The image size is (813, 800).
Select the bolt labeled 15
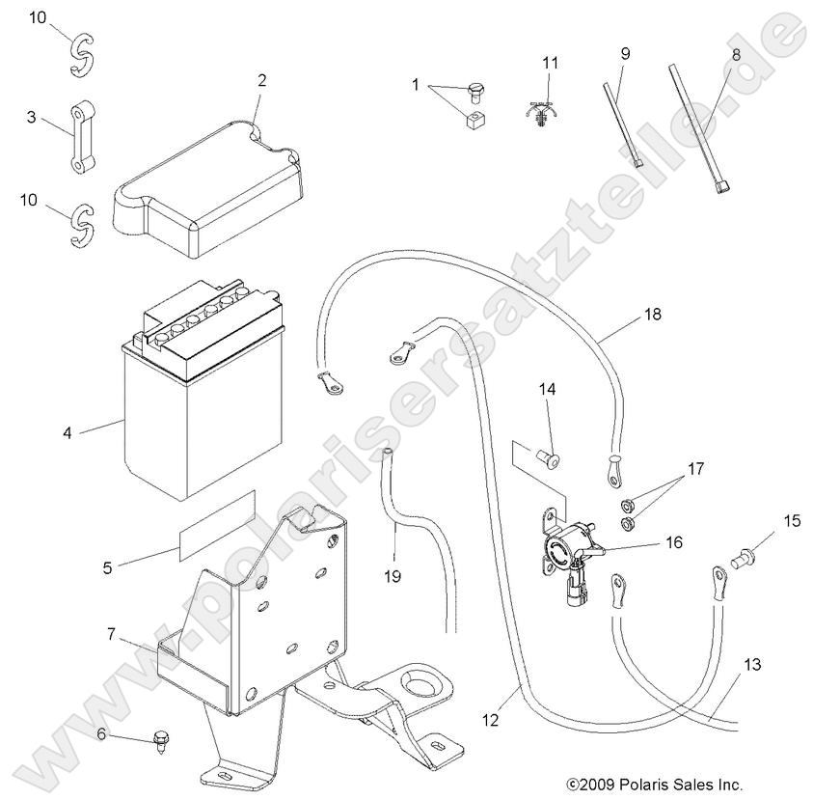point(745,557)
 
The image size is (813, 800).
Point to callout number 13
point(752,665)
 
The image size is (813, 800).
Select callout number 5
point(107,567)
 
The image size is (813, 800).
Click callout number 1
point(416,85)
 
